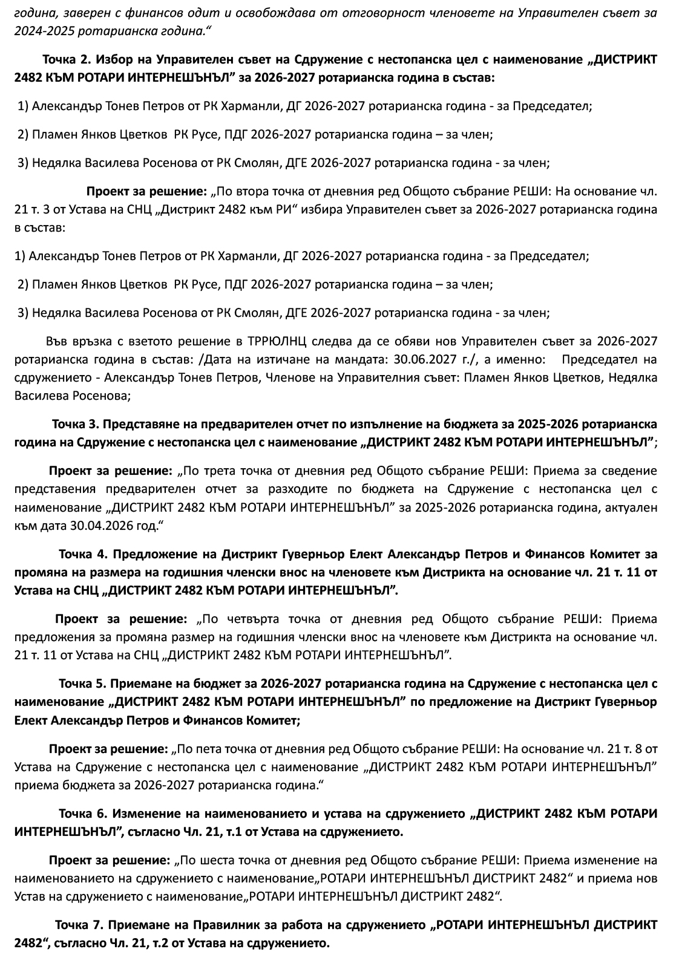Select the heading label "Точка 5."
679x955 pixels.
tap(83, 683)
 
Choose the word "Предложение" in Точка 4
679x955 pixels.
tap(151, 553)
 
